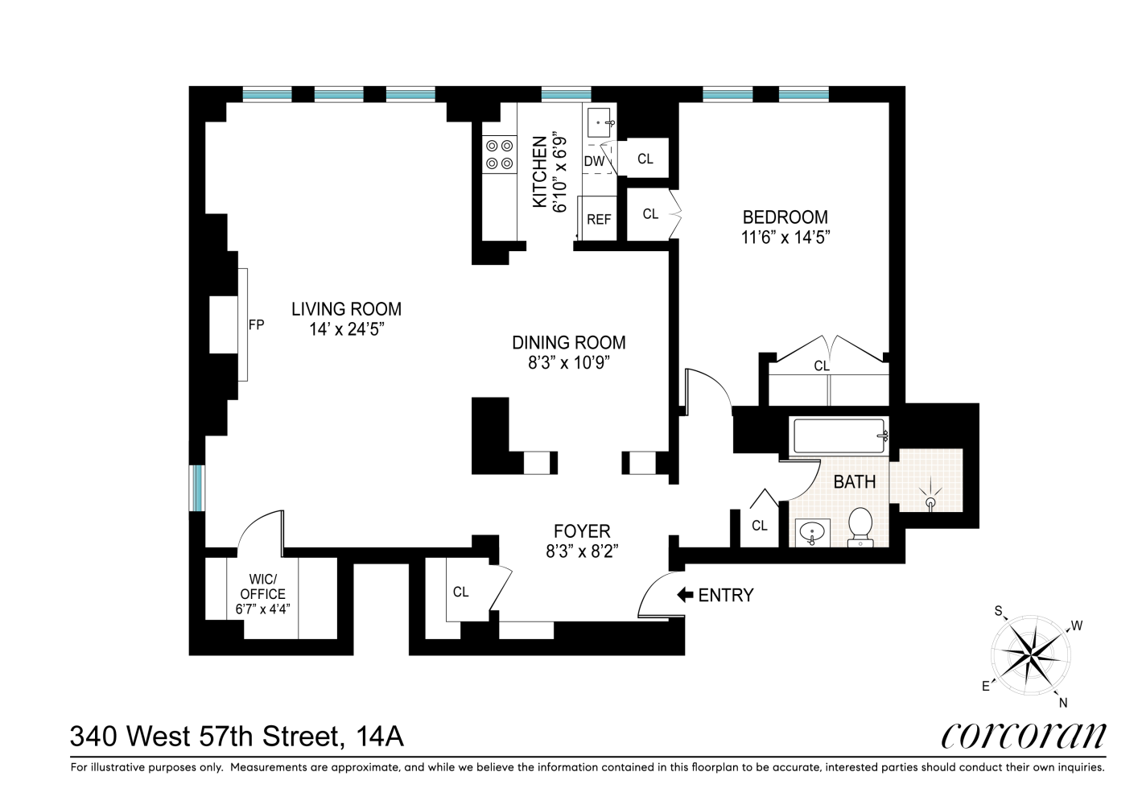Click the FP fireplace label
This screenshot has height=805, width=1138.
[256, 325]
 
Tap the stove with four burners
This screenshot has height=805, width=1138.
[499, 155]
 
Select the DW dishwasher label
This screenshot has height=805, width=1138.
[594, 161]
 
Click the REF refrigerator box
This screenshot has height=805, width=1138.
[598, 218]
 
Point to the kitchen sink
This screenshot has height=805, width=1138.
[600, 123]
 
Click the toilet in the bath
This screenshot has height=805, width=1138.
[860, 526]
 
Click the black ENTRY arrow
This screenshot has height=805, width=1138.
[685, 595]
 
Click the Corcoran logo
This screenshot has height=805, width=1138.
[1023, 734]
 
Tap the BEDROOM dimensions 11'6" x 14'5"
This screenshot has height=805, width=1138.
[785, 237]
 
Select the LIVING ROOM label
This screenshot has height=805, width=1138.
[346, 309]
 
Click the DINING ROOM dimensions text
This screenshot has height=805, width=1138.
[569, 363]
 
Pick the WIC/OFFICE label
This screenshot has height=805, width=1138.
[262, 587]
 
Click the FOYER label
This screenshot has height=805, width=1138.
[582, 531]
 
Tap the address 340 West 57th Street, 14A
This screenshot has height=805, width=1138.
[237, 736]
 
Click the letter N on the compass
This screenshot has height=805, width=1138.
[1062, 702]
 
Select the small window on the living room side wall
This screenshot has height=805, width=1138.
[197, 487]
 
